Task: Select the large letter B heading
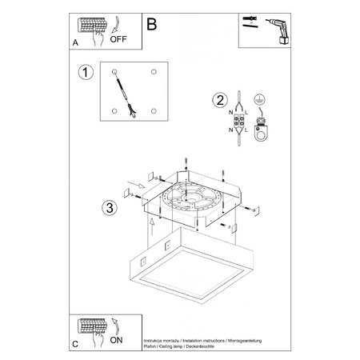(x=153, y=24)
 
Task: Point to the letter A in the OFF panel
(x=76, y=42)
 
